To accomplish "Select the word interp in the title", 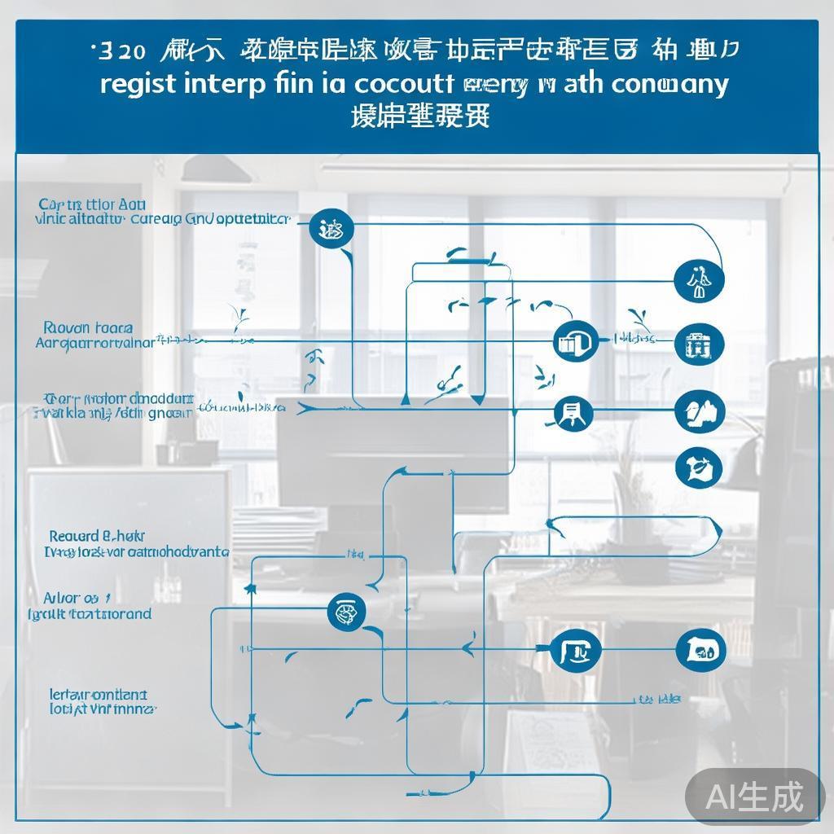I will coord(222,86).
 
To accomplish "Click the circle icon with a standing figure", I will coord(700,282).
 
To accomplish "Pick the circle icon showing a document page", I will coord(573,414).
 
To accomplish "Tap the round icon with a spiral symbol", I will coord(346,612).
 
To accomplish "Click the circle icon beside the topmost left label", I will coord(331,228).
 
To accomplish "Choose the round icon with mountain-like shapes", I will coord(700,411).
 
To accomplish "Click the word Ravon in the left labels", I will coord(68,328).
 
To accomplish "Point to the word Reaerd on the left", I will coord(73,536).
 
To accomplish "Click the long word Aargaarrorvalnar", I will coord(95,343).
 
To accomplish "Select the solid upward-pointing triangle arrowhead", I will coord(405,398).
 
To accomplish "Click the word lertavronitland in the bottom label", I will coord(99,696).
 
